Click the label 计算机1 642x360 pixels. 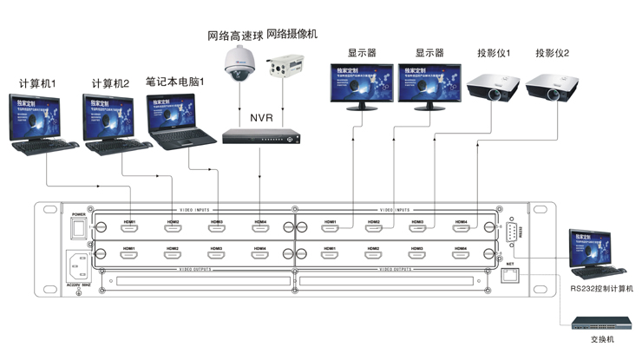click(37, 84)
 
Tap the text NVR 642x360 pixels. click(261, 116)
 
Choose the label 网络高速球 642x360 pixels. click(234, 36)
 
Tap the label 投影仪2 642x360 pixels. click(553, 54)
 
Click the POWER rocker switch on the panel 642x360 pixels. click(79, 226)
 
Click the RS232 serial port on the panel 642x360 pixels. click(513, 232)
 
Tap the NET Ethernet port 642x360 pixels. click(512, 276)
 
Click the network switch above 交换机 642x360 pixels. click(595, 324)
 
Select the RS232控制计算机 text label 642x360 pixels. click(602, 287)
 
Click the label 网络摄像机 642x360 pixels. click(293, 36)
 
